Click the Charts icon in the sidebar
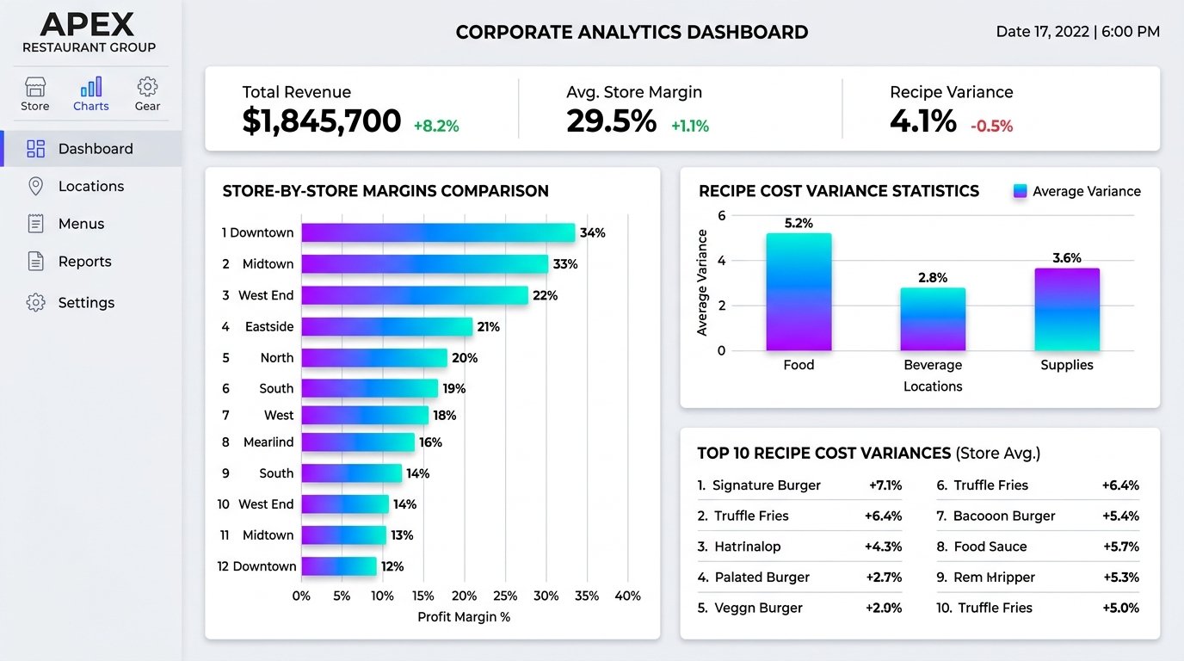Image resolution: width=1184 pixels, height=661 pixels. pos(91,87)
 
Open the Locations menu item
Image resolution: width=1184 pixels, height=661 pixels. pos(91,186)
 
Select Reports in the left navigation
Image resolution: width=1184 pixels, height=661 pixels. pos(84,262)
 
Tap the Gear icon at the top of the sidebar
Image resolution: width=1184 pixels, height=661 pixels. pos(147,87)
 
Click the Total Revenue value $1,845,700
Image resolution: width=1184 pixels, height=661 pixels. pos(321,121)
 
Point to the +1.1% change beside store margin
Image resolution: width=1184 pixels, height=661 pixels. pos(690,126)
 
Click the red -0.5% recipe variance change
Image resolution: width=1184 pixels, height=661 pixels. pos(991,126)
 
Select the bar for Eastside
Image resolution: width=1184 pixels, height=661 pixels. pos(387,327)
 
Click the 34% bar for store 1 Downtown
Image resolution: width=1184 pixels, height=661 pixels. pos(438,232)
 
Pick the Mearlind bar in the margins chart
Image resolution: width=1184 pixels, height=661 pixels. pos(358,442)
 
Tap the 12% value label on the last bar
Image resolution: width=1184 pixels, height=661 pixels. pos(392,566)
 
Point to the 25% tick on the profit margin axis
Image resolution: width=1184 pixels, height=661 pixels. pos(505,596)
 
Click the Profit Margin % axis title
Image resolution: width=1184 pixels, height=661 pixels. pos(464,617)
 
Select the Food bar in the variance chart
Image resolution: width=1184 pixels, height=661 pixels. pos(799,292)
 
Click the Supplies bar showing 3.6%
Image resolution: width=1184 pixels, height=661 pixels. pos(1067,309)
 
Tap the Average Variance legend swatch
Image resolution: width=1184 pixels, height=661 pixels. pos(1020,191)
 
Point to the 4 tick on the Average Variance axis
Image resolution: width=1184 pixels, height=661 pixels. pos(721,261)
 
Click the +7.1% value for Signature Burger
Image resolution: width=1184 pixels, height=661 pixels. pos(885,485)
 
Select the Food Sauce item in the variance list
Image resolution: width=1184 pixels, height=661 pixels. pos(990,547)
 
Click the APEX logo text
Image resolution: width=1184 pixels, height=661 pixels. pos(87,24)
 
